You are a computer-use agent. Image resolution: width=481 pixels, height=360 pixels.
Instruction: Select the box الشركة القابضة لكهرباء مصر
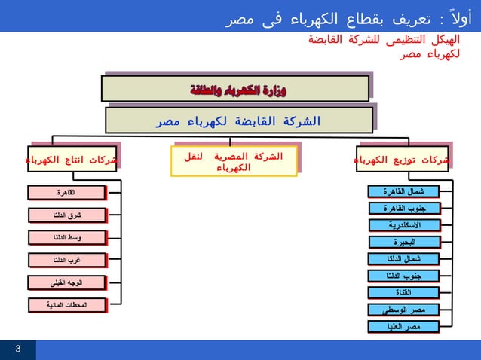238,121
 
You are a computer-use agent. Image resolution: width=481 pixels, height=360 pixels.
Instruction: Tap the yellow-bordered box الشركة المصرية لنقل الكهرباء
234,161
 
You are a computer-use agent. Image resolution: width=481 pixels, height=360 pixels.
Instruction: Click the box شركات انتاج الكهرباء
72,160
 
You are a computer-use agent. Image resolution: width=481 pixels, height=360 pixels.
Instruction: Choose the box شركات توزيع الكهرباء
403,160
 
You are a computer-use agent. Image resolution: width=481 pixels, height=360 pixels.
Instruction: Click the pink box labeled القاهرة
66,193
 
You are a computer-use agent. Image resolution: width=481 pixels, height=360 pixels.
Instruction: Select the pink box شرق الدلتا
66,215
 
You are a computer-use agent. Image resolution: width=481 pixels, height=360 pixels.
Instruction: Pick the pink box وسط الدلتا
66,238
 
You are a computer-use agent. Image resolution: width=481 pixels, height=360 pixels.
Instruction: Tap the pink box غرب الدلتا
66,261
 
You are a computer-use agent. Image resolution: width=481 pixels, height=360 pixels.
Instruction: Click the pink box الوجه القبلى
66,283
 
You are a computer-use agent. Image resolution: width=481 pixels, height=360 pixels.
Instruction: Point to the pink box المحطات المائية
66,305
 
